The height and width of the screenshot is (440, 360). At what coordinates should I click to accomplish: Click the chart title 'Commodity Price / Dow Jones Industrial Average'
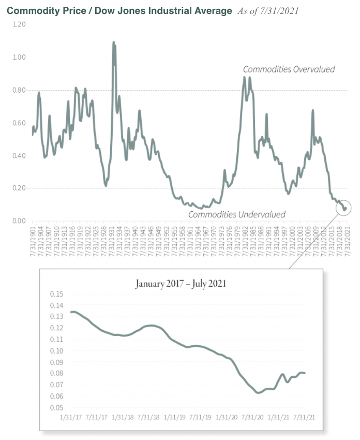[119, 11]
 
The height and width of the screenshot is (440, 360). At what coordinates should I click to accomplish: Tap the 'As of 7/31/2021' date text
[268, 11]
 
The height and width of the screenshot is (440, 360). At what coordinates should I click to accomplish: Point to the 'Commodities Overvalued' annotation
[289, 69]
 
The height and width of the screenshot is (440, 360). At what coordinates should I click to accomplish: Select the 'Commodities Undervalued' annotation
[236, 214]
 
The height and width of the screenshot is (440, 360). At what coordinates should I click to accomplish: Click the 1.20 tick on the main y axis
[18, 24]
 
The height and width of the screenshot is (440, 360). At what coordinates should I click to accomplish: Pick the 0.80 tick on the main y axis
[18, 90]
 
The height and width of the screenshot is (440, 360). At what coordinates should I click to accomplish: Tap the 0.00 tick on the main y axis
[18, 221]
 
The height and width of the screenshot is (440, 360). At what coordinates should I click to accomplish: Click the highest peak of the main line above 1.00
[114, 42]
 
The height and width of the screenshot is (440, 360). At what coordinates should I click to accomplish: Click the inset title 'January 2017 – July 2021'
[181, 284]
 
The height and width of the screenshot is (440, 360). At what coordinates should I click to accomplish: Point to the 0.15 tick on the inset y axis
[56, 294]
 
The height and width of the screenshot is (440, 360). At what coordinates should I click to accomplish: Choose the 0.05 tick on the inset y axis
[56, 408]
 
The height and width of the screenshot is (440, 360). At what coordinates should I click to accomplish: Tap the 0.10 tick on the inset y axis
[56, 351]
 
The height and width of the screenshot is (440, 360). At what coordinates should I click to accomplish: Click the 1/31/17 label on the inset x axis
[71, 417]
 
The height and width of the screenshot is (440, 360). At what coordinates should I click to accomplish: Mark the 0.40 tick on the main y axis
[18, 156]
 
